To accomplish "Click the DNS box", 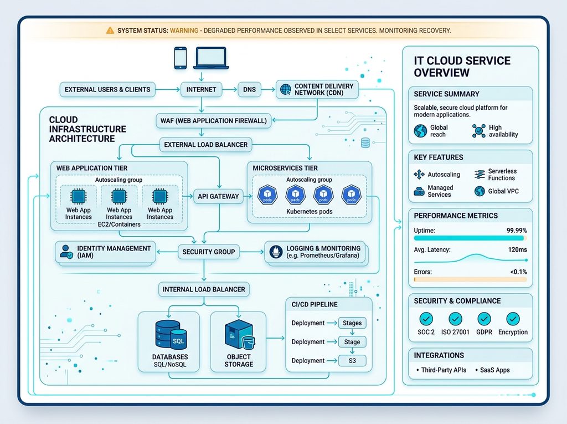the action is (x=249, y=89).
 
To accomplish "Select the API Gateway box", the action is (x=218, y=196).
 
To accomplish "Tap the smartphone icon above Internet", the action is (x=181, y=58).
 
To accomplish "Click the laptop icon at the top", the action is (x=211, y=58).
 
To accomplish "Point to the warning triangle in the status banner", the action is (x=110, y=30).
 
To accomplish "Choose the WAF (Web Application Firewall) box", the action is (x=213, y=121).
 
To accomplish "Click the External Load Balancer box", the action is (x=206, y=145).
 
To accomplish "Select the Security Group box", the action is (x=209, y=252).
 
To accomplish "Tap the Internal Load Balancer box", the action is (x=204, y=289).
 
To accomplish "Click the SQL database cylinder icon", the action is (x=171, y=334).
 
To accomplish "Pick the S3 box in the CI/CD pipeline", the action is (x=352, y=361).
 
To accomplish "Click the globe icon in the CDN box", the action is (x=286, y=89).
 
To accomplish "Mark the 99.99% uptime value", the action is (x=517, y=230).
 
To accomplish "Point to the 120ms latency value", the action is (x=518, y=249).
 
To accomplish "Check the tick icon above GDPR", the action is (x=484, y=319).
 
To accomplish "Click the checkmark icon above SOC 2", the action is (x=426, y=319).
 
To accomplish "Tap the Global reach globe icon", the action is (x=421, y=131).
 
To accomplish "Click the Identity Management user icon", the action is (x=66, y=252).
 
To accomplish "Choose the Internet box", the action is (x=202, y=89).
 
